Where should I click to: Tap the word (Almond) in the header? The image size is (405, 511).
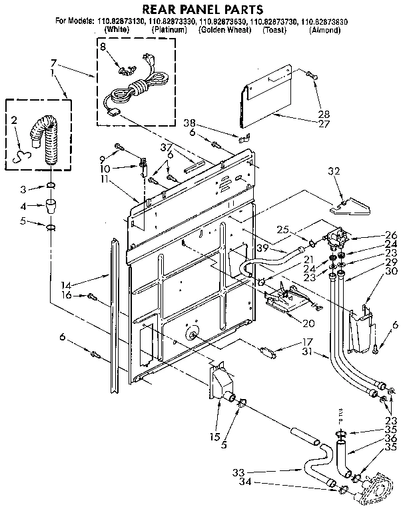(x=325, y=31)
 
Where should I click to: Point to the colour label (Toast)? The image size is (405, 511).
(x=274, y=31)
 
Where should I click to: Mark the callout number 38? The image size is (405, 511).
(x=191, y=123)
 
